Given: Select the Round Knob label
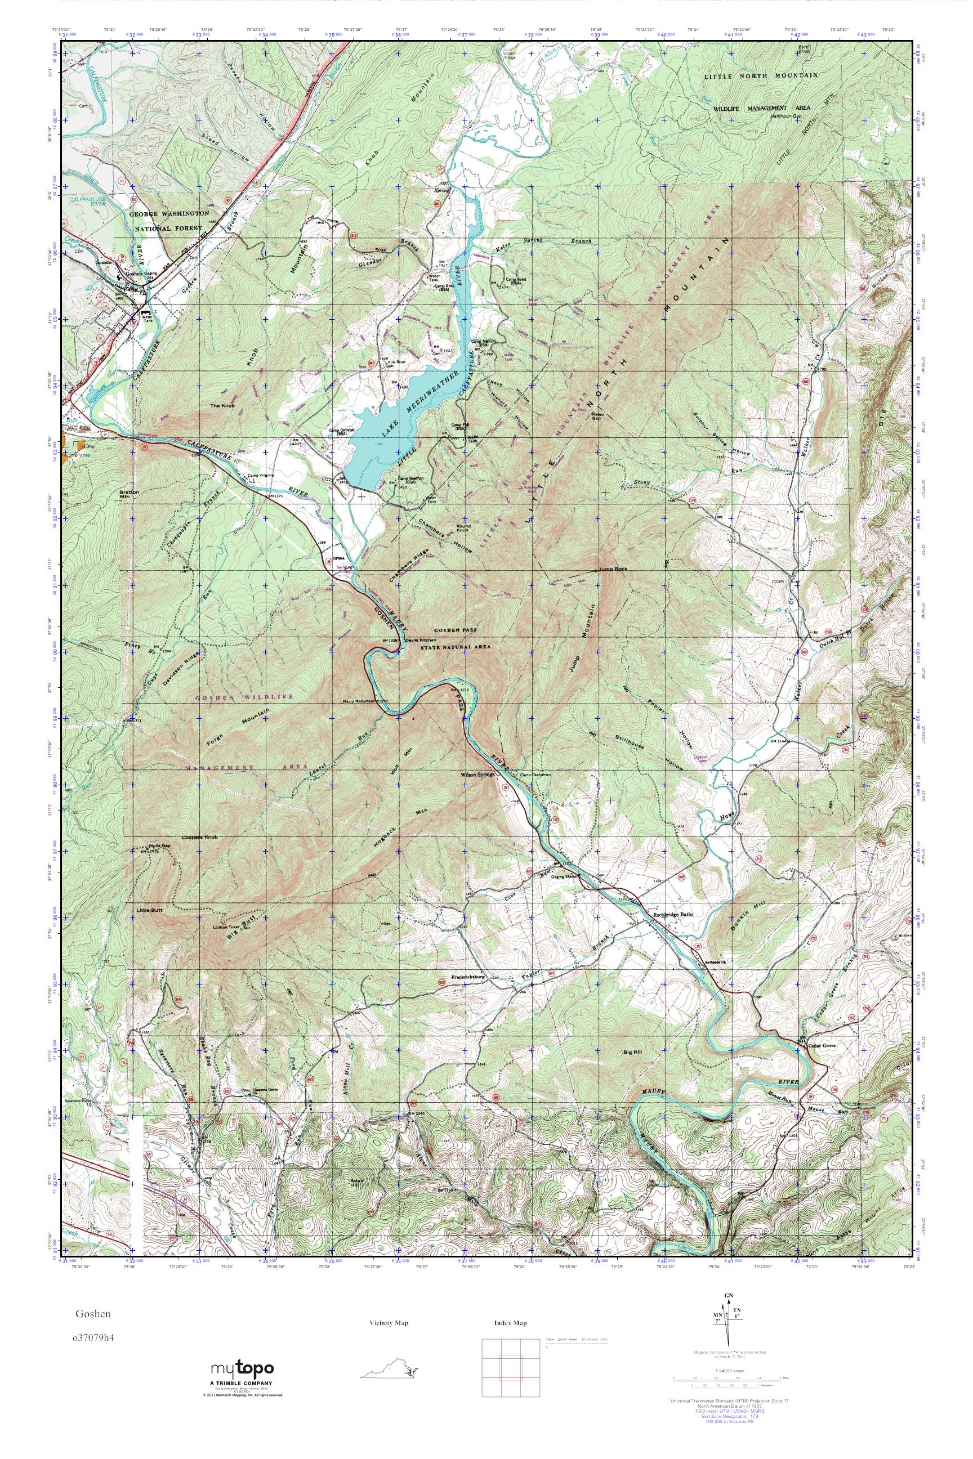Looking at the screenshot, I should (x=463, y=528).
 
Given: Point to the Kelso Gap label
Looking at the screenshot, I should (x=598, y=415).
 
